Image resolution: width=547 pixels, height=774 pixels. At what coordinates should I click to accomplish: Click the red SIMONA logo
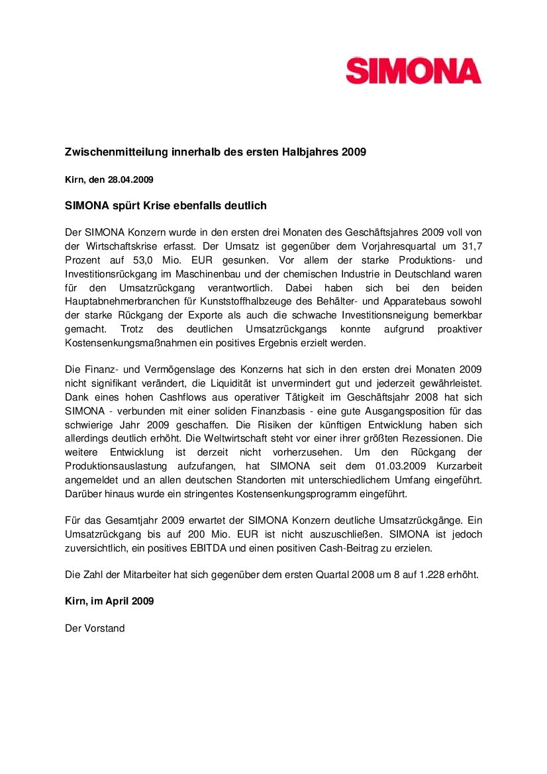click(413, 71)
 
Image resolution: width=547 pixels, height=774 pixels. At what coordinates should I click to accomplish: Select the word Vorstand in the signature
click(102, 628)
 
